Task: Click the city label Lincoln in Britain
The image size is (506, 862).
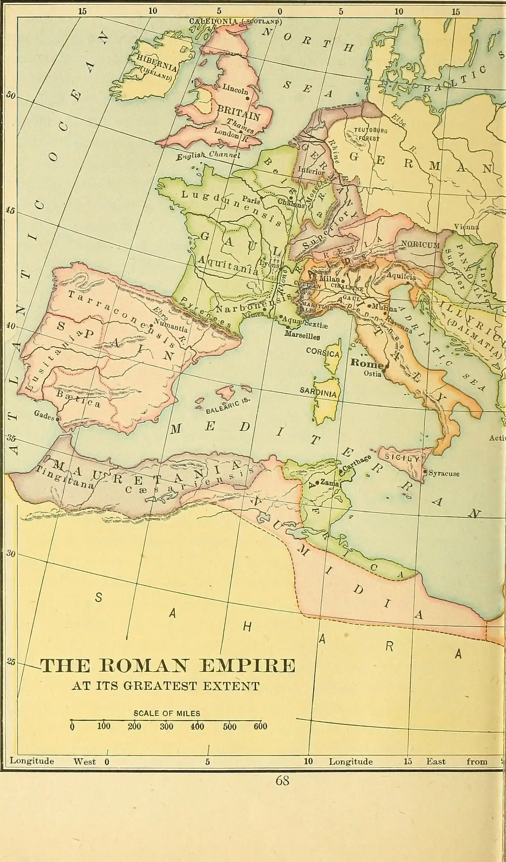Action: tap(235, 90)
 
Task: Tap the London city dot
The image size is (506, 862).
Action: tap(241, 132)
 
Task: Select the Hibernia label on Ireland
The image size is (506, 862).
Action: tap(157, 63)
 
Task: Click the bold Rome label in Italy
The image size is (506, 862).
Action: tap(366, 363)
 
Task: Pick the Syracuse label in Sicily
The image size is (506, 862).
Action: tap(444, 474)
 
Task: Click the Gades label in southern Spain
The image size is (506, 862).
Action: tap(44, 415)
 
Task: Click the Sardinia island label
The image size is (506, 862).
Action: tap(318, 392)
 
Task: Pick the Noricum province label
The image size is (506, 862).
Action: tap(421, 245)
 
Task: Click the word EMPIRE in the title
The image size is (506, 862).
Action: tap(248, 666)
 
